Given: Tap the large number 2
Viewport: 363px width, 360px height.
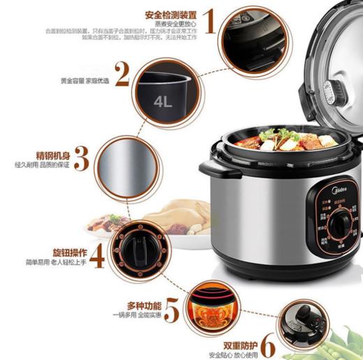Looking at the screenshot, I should click(x=123, y=75).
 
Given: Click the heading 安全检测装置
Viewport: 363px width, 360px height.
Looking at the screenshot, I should click(x=170, y=14).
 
